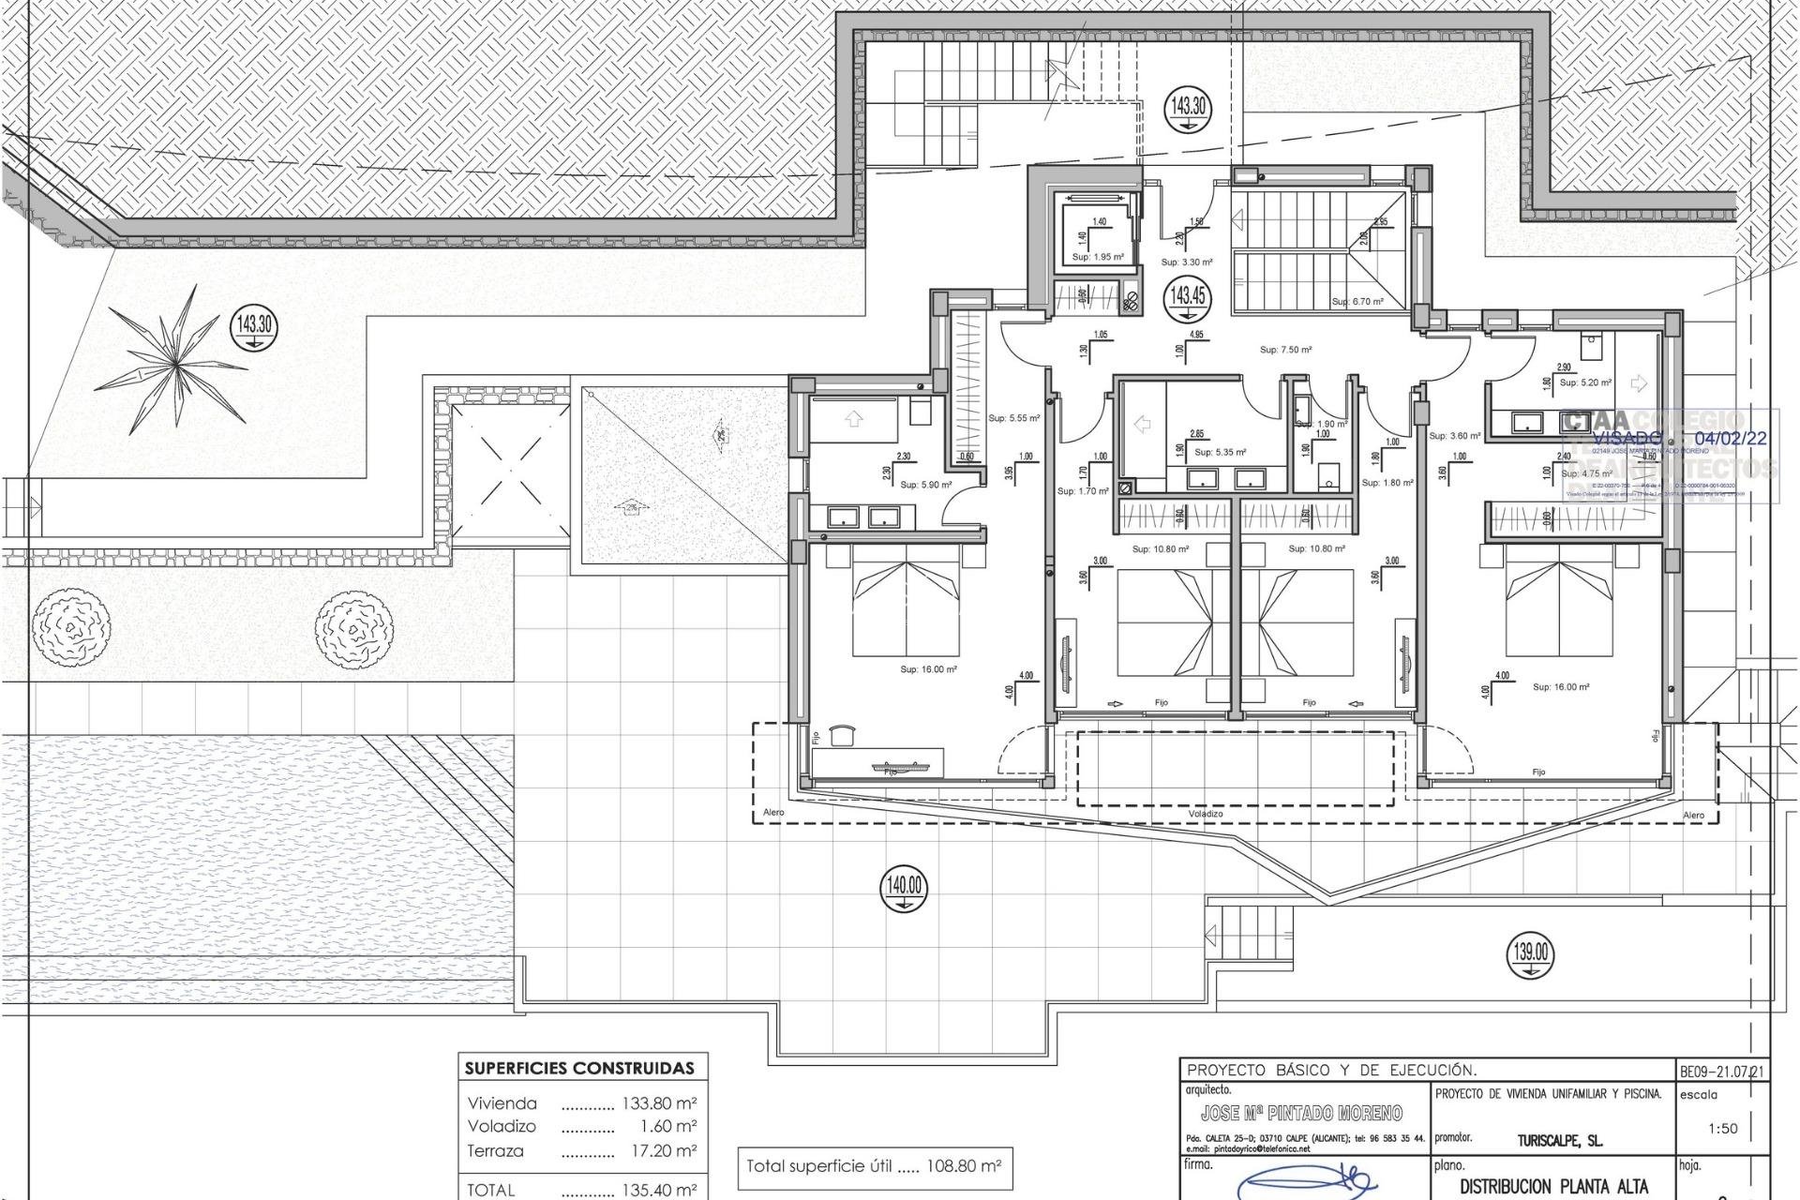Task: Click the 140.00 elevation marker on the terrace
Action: tap(903, 889)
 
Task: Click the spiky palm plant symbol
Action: tap(174, 357)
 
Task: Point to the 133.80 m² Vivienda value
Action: tap(659, 1103)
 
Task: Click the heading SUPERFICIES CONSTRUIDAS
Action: tap(580, 1068)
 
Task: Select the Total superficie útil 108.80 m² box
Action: tap(873, 1167)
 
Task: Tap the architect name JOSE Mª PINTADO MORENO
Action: tap(1301, 1113)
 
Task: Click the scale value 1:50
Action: tap(1722, 1129)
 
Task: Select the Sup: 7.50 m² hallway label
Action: tap(1285, 350)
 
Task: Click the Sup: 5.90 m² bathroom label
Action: tap(925, 486)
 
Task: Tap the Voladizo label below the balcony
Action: tap(1206, 814)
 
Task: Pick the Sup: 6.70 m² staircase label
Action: tap(1357, 302)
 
